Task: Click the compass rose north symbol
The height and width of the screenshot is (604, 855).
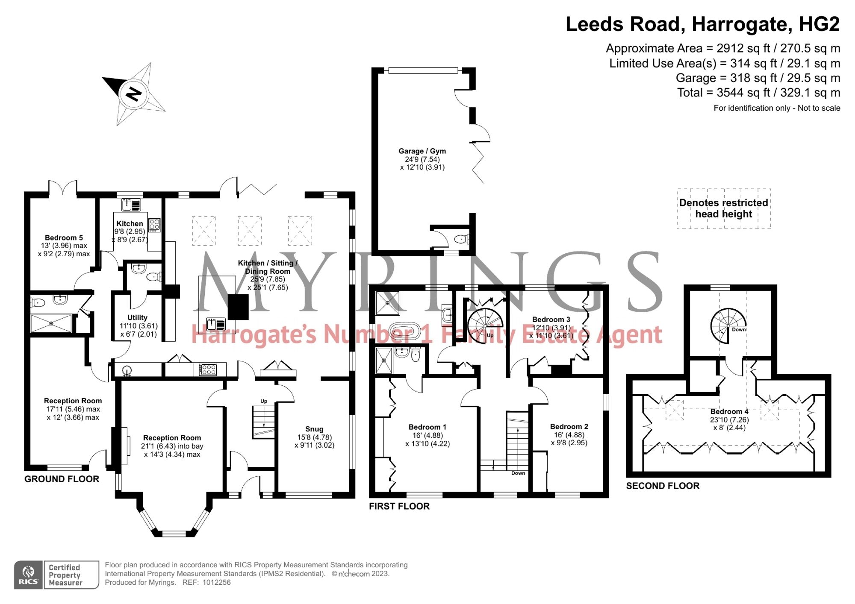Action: (134, 94)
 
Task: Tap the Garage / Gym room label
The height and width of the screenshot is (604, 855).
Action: (422, 151)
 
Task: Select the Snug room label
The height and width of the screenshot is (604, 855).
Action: (314, 429)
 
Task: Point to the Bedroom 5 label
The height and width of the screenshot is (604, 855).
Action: (64, 237)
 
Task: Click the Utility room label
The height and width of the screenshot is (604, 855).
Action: (137, 317)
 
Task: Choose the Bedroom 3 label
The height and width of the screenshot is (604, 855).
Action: (551, 320)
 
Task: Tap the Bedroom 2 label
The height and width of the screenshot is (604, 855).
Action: (569, 427)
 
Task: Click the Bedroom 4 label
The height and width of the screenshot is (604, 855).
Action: (729, 411)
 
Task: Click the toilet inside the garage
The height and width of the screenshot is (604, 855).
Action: (462, 239)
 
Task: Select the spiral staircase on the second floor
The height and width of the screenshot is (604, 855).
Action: (728, 325)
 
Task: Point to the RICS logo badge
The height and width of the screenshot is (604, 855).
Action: (28, 575)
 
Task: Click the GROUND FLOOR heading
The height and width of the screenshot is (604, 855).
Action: (62, 479)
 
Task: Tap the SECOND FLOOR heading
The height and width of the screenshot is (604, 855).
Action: (663, 486)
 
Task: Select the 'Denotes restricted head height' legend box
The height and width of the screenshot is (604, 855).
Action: (724, 208)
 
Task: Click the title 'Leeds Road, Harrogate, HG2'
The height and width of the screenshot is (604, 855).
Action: (703, 24)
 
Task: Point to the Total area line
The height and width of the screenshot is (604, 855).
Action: (758, 92)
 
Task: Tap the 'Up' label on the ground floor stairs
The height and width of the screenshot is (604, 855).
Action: (264, 401)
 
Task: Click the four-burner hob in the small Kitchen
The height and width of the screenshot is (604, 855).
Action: (154, 225)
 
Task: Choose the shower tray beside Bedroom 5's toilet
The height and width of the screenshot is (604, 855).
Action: (51, 324)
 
